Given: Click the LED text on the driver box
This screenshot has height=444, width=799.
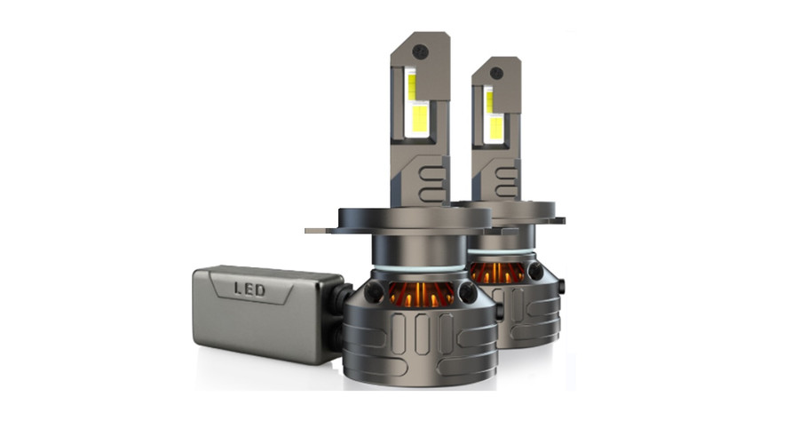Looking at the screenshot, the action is (249, 289).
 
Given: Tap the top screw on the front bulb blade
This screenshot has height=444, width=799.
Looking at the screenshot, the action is (421, 50).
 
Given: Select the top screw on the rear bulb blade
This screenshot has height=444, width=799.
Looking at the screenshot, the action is (496, 73).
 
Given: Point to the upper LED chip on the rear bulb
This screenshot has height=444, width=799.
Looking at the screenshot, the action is (489, 99).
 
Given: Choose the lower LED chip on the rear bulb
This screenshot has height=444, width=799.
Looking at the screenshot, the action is (495, 128).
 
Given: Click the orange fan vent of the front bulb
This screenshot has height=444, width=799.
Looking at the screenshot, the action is (421, 296).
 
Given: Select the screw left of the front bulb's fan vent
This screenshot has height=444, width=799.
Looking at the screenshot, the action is (375, 290).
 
